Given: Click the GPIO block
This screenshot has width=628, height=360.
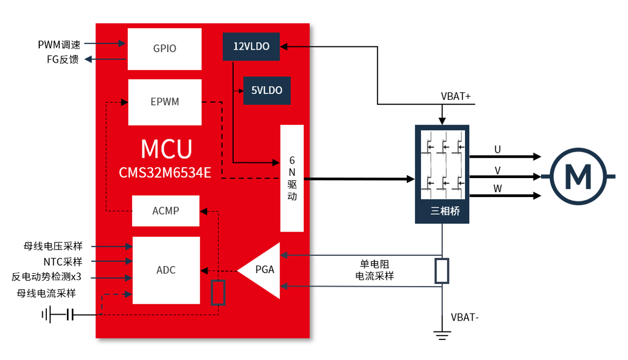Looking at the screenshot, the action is click(165, 49).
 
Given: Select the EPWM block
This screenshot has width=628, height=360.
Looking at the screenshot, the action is click(165, 102).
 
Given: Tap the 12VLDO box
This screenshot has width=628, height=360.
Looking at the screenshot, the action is click(251, 46).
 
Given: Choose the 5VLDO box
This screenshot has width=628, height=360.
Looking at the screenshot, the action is click(267, 91).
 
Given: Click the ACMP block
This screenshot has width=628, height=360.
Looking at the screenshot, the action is click(166, 210).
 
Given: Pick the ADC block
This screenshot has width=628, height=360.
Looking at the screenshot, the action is click(166, 270).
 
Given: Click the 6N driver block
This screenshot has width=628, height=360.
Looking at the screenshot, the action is click(292, 178).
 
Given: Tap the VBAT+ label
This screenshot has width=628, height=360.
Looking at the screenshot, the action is click(456, 97).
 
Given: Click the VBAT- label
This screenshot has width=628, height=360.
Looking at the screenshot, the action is click(465, 317).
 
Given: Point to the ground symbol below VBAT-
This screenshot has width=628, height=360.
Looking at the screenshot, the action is click(442, 335).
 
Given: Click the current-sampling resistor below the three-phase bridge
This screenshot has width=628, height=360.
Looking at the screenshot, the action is click(442, 271).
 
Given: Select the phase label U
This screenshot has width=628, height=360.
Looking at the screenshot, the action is click(497, 150).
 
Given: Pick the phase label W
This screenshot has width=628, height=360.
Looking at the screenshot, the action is click(497, 188).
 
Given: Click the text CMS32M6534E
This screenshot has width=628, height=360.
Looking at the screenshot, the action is click(165, 173).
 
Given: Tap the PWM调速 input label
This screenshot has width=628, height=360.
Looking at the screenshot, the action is click(59, 44).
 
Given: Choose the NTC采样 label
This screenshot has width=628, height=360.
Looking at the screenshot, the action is click(63, 262).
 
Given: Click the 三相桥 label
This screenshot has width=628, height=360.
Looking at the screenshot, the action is click(445, 211).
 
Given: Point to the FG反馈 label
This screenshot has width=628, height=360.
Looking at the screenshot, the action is click(63, 60).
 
